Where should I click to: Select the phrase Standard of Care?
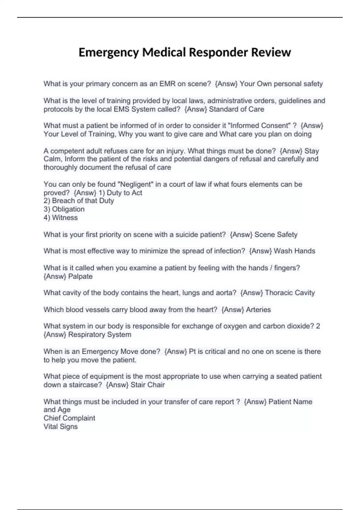236,109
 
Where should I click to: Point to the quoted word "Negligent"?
136,184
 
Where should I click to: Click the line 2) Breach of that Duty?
79,201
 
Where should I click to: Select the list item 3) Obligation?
64,209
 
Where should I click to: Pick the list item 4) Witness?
61,217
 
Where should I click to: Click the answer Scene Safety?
276,235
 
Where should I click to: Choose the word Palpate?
80,276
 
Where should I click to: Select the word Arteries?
258,310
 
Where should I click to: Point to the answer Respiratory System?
100,334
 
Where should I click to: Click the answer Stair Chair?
148,385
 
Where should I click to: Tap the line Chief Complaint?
69,418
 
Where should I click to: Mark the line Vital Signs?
61,427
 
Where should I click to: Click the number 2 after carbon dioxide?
318,326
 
